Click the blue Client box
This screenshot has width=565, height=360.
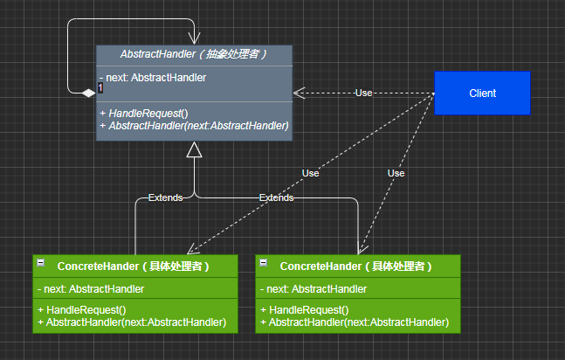click(482, 93)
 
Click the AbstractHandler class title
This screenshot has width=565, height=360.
click(194, 54)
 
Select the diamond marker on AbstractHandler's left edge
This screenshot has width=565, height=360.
click(88, 93)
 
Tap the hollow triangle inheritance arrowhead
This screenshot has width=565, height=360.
click(194, 149)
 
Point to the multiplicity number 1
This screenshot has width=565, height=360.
click(100, 87)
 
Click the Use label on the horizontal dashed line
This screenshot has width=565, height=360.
click(363, 93)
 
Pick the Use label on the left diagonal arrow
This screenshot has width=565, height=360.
click(310, 174)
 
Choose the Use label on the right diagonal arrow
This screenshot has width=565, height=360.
click(396, 174)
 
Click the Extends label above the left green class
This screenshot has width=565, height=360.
click(165, 197)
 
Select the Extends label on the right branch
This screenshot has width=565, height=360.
click(276, 197)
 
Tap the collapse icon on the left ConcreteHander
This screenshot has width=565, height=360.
click(41, 263)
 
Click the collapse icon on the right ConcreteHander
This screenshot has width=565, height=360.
click(264, 263)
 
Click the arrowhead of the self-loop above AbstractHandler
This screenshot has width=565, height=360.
click(194, 38)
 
